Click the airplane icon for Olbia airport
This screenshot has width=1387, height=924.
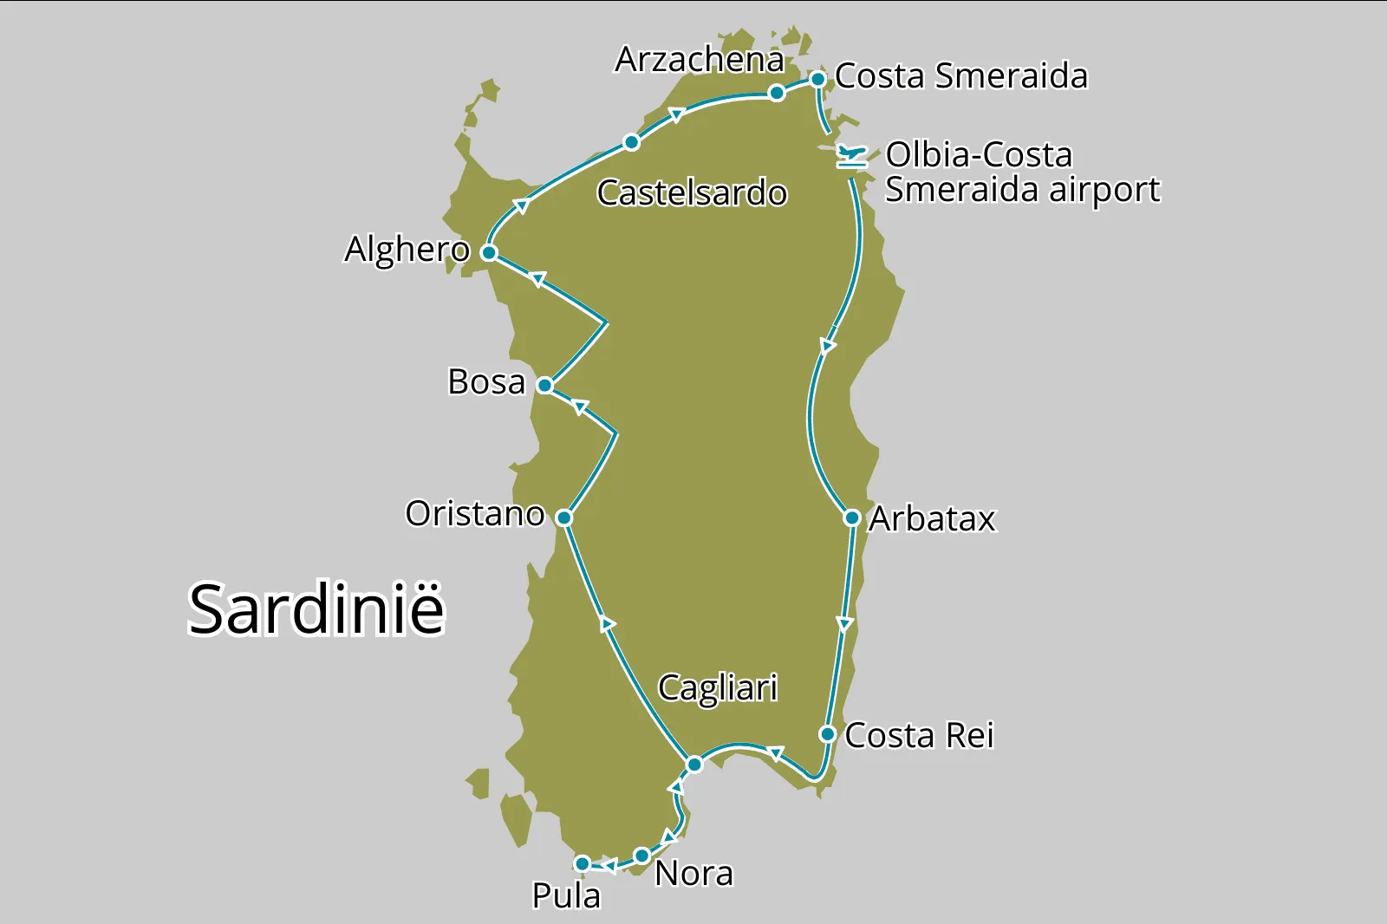(852, 156)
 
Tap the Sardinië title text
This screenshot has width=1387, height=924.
(316, 608)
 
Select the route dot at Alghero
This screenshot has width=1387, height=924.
(489, 252)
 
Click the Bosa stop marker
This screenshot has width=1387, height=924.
(544, 385)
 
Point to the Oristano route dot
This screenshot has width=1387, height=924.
(563, 517)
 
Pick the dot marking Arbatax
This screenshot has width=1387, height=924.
(852, 517)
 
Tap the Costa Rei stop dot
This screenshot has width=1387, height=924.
(828, 734)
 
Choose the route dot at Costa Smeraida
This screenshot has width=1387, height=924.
(817, 79)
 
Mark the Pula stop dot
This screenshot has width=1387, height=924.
(583, 863)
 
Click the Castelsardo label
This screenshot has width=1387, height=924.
(692, 192)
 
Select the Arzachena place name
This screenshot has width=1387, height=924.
(700, 60)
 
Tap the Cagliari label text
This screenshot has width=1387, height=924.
(718, 688)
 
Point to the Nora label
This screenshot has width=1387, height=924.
(693, 874)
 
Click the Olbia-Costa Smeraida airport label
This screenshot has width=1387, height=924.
(1021, 172)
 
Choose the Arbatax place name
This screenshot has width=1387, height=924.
(933, 518)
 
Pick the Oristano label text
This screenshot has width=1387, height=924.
(475, 514)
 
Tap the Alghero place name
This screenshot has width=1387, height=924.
(407, 250)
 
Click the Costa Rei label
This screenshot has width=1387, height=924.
(919, 735)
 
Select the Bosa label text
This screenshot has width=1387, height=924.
(486, 382)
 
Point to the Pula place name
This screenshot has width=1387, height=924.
(566, 895)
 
